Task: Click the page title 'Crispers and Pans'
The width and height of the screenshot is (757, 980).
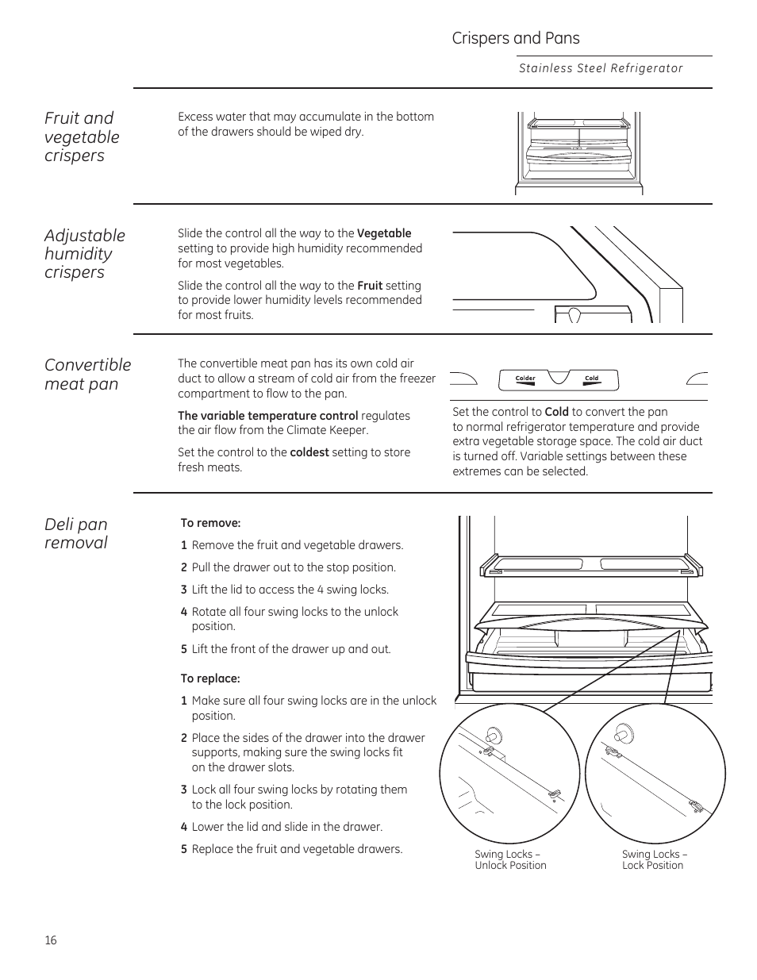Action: pos(515,38)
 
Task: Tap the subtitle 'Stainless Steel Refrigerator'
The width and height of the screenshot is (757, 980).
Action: pos(600,68)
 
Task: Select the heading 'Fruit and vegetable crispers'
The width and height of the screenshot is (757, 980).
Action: pos(82,136)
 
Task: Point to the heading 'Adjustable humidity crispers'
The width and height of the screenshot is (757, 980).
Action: pos(84,253)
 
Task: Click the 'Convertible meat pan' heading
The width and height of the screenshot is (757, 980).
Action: pos(87,374)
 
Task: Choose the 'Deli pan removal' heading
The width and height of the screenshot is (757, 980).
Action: pos(76,533)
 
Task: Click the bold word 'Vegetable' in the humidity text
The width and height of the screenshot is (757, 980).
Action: pos(384,233)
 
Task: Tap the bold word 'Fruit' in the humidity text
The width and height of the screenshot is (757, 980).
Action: pos(370,286)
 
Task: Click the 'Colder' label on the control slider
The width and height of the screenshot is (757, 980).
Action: pos(525,379)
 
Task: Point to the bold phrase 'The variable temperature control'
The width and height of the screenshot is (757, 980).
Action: pos(267,416)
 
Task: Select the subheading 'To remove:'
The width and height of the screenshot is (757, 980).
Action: pos(210,523)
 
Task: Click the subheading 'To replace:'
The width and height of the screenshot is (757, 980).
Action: pos(210,678)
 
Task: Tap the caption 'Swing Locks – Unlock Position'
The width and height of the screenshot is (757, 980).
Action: pos(510,859)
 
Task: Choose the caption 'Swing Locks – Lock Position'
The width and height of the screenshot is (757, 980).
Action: pos(654,859)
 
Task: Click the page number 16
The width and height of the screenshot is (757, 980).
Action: pos(51,940)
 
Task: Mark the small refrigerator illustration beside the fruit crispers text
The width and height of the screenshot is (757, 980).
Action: pos(578,152)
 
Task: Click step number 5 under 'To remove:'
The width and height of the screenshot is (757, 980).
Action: pos(183,649)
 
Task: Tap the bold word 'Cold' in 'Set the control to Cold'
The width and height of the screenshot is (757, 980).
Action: pos(556,412)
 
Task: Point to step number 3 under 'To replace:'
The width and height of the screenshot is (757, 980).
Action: pos(183,790)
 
